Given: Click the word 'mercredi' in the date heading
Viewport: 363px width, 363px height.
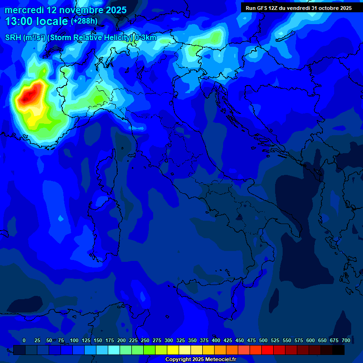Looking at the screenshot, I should tap(24, 10).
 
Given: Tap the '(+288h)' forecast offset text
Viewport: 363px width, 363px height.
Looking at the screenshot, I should tap(84, 21).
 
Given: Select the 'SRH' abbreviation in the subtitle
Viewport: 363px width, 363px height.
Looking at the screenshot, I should tap(14, 38).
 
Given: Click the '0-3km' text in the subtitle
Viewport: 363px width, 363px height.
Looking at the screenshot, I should tap(146, 38).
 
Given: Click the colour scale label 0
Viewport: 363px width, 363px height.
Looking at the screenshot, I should tap(24, 340).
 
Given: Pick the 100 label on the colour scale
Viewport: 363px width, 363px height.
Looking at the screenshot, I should tap(74, 340).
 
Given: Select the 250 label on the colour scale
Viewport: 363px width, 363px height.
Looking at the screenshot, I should tap(145, 340).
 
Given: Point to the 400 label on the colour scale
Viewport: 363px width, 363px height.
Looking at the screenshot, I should tap(216, 340).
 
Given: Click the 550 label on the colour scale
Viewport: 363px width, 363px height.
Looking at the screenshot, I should tap(287, 340).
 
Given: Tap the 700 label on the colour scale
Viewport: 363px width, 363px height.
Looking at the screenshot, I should tap(346, 340).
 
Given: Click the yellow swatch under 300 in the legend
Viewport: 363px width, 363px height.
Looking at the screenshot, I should tap(173, 350).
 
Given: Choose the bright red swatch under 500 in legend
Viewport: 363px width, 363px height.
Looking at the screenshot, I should tap(268, 350).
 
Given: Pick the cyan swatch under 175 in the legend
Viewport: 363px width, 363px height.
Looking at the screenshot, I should tap(114, 350).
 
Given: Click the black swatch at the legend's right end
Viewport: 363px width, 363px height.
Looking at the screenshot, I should tap(338, 350).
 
